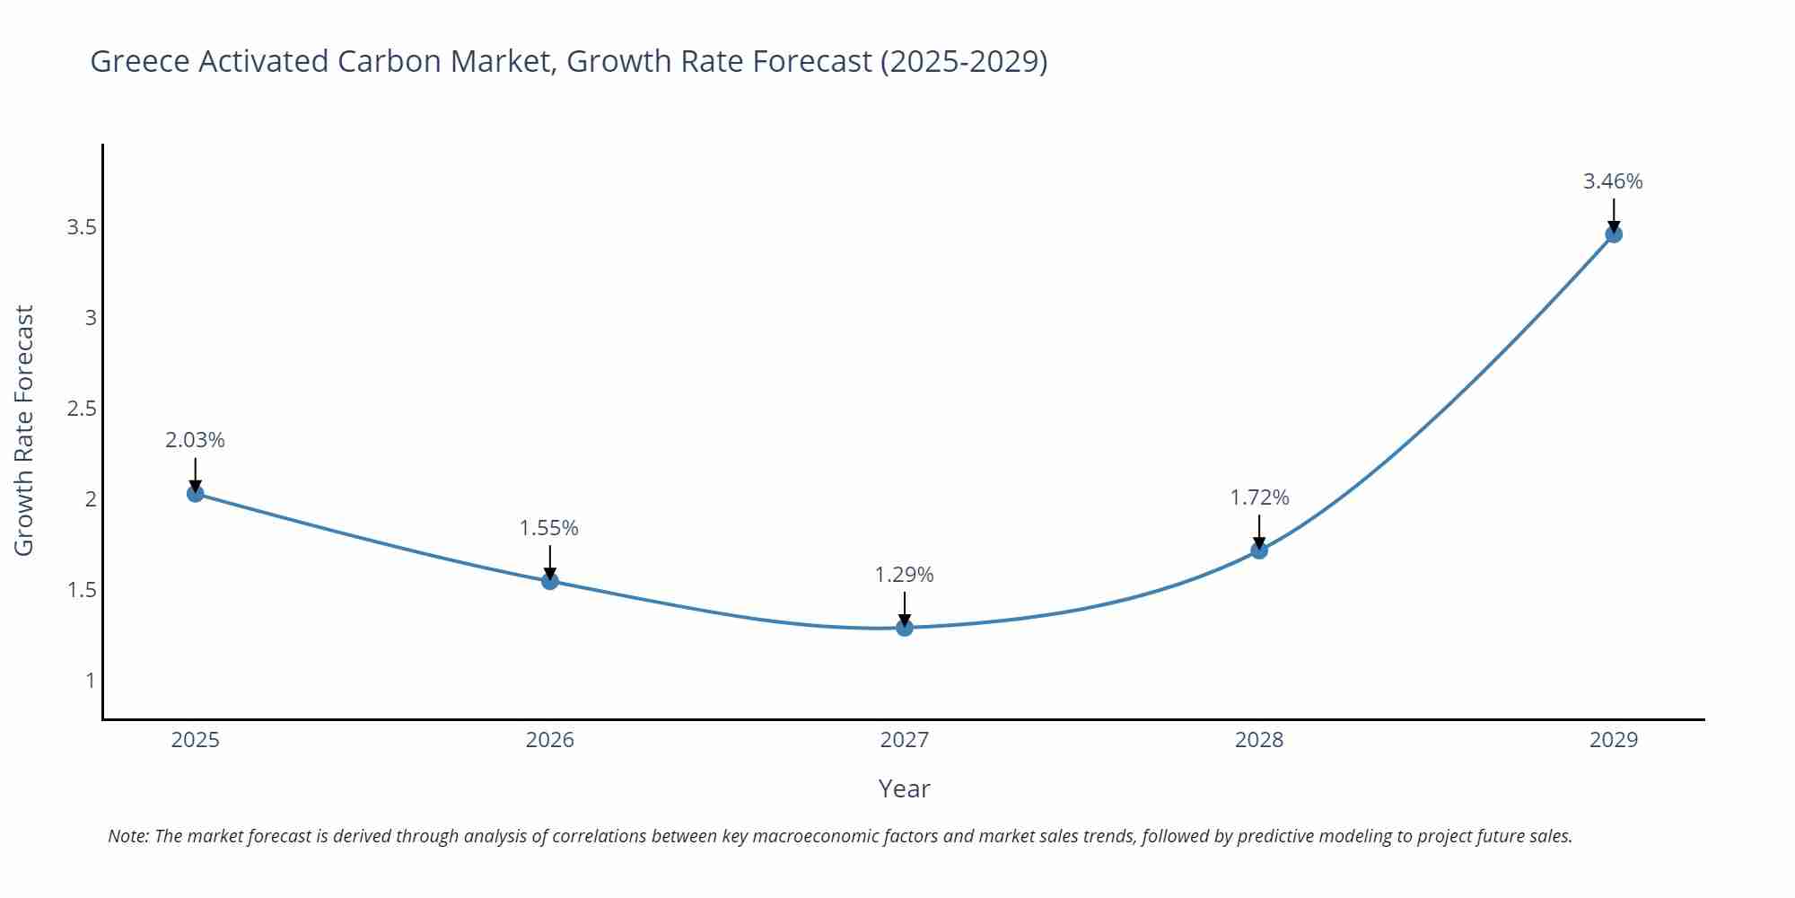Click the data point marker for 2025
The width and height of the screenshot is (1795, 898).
click(x=196, y=493)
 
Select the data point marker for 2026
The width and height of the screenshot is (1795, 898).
click(x=550, y=581)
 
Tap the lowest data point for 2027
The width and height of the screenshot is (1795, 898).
click(x=905, y=628)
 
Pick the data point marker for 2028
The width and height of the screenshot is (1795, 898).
click(x=1259, y=550)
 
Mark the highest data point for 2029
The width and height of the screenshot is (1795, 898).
click(x=1614, y=234)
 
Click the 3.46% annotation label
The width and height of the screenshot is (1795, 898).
click(x=1613, y=181)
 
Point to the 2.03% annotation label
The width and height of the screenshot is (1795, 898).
click(x=195, y=440)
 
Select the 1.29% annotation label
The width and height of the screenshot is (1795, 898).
click(x=905, y=575)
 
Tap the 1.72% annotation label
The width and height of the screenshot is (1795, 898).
click(x=1259, y=497)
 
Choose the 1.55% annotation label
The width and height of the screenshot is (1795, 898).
click(x=549, y=528)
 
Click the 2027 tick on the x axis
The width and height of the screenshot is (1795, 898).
click(x=905, y=740)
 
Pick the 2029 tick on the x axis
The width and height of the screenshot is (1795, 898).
click(x=1614, y=740)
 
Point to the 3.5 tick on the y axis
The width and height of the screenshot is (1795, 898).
click(x=82, y=227)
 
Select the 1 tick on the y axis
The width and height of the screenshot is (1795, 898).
click(x=90, y=680)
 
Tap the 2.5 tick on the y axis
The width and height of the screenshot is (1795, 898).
click(x=82, y=409)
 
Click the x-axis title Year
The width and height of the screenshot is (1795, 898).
click(x=904, y=788)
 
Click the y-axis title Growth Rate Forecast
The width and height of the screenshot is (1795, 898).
click(x=24, y=430)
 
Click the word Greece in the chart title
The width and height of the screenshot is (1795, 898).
click(x=140, y=61)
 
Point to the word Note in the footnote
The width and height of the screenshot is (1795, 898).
click(x=127, y=836)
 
